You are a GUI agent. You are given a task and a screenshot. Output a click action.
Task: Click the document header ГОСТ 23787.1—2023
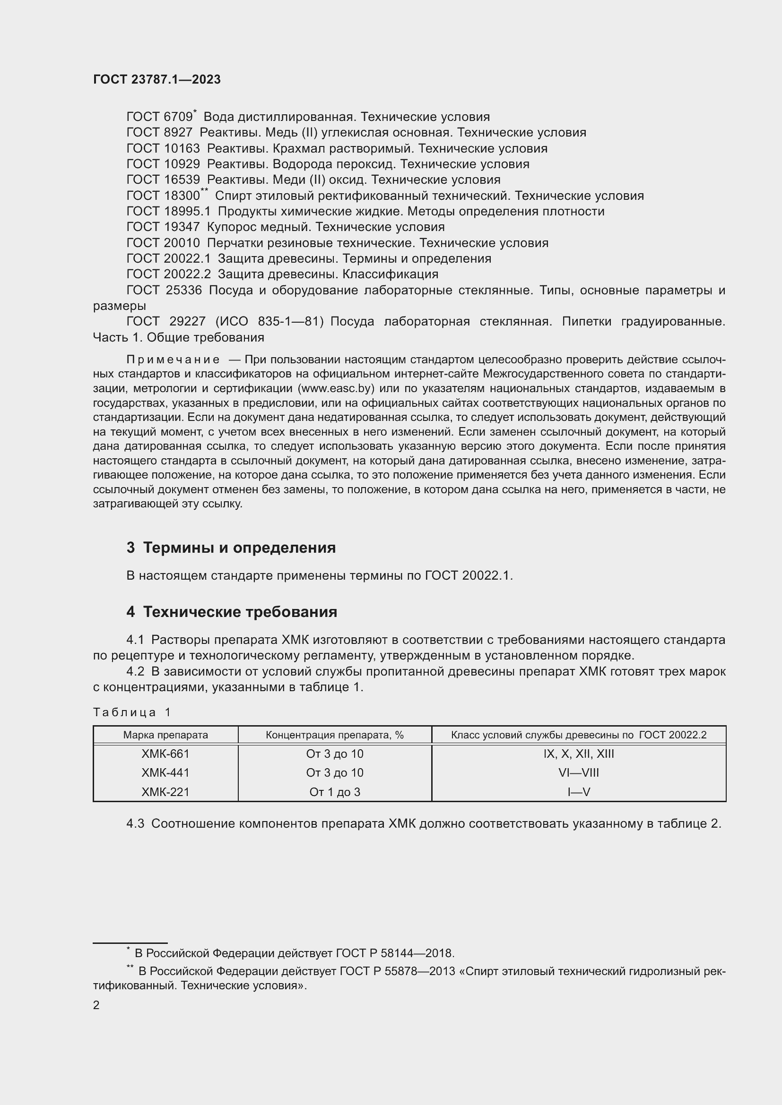[x=156, y=80]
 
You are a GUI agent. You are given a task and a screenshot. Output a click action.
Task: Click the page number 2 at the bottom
[x=96, y=1005]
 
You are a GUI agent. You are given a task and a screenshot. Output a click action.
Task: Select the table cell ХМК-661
[x=165, y=754]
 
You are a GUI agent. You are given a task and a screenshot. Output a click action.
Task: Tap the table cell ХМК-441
[x=165, y=772]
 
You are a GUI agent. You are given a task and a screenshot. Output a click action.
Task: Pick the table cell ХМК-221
[x=165, y=792]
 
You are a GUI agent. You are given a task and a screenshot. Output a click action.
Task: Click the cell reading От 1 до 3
[x=335, y=792]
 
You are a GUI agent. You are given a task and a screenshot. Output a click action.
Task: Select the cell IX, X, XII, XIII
[x=578, y=754]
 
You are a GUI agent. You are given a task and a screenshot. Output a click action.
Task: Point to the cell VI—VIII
[x=578, y=772]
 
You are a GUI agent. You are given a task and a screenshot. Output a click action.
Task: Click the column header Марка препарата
[x=165, y=735]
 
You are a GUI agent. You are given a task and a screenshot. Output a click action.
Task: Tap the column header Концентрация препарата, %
[x=335, y=735]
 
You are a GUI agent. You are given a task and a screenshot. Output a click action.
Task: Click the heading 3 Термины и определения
[x=231, y=548]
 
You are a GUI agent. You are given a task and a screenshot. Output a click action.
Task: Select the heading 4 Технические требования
[x=232, y=612]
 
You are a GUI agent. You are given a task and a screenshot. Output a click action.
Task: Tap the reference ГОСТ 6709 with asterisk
[x=161, y=117]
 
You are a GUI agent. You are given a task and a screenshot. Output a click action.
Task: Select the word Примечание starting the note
[x=173, y=360]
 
